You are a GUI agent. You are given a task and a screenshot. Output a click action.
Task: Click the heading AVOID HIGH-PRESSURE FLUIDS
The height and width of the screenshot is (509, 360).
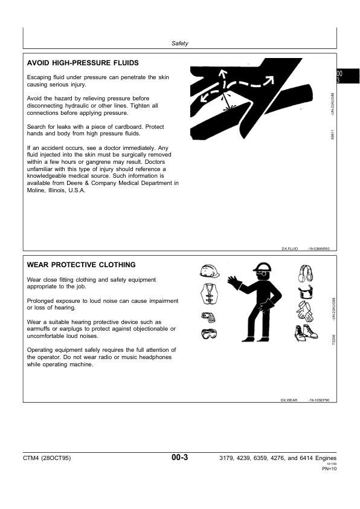(83, 62)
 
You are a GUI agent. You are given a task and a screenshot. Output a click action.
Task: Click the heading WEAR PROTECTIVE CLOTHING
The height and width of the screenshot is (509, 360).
(81, 265)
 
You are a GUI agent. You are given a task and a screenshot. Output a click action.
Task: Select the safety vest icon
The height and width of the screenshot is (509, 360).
(208, 294)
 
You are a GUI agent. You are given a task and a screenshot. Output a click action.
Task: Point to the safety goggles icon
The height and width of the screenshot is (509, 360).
(209, 333)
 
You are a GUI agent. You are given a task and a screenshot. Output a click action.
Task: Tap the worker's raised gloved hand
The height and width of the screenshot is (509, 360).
(234, 282)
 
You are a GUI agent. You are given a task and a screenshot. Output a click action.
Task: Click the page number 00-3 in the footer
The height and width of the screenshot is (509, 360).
(180, 458)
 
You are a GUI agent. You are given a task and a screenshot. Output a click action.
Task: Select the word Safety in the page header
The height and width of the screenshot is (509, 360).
(180, 44)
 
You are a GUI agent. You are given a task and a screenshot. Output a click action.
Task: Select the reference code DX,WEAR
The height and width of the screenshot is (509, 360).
(290, 400)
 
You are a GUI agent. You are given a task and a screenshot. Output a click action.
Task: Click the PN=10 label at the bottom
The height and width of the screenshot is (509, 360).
(329, 469)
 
